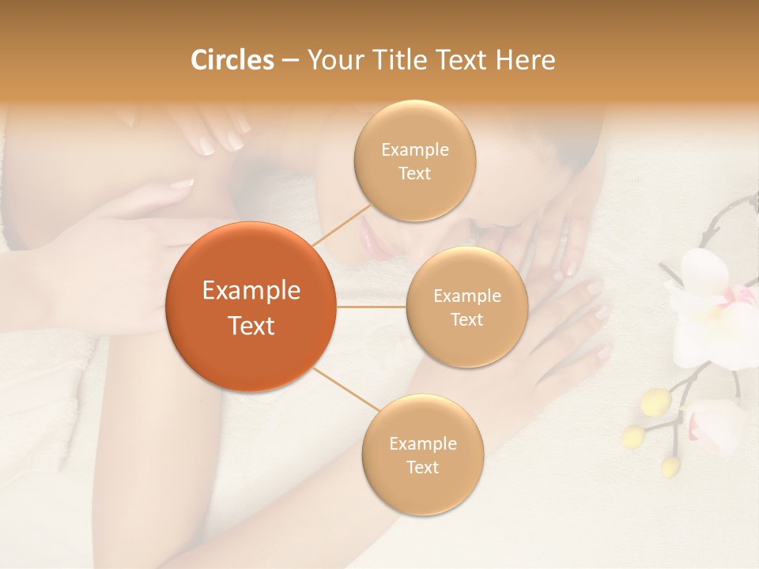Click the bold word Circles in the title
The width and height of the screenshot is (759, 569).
232,60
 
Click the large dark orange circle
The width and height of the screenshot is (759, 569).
251,307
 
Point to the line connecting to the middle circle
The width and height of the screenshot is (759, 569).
372,307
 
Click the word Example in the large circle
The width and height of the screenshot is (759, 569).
251,291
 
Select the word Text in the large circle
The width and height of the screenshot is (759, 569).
251,326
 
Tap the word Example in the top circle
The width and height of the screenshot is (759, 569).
414,149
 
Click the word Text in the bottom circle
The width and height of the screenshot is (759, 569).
422,467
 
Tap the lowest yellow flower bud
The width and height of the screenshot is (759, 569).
670,466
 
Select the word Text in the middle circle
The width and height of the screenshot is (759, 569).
466,319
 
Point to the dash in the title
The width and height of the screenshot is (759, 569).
289,61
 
